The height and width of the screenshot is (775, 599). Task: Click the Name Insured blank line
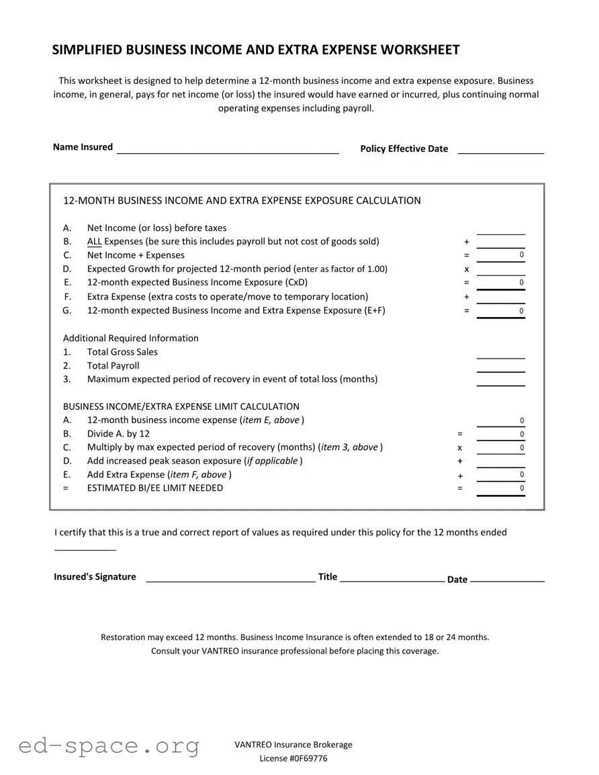pos(228,149)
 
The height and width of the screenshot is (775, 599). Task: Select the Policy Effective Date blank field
pos(500,149)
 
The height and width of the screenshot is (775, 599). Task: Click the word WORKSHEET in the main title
pos(420,50)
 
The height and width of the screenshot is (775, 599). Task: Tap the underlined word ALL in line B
pos(94,242)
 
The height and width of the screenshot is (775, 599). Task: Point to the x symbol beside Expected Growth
pos(466,269)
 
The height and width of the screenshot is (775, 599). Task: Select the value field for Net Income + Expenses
pos(500,255)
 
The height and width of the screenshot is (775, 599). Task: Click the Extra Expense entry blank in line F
pos(500,297)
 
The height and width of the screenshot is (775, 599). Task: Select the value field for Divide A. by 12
pos(500,435)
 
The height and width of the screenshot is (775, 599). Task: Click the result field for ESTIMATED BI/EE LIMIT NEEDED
pos(500,489)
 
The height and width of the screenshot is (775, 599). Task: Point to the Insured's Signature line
pos(230,578)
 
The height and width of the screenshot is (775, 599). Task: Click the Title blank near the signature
pos(391,578)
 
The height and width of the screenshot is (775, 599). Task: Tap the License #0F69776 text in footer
pos(293,759)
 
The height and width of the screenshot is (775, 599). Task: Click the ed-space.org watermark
pos(109,746)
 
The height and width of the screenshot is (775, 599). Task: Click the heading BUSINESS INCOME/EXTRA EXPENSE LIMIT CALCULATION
pos(181,406)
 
